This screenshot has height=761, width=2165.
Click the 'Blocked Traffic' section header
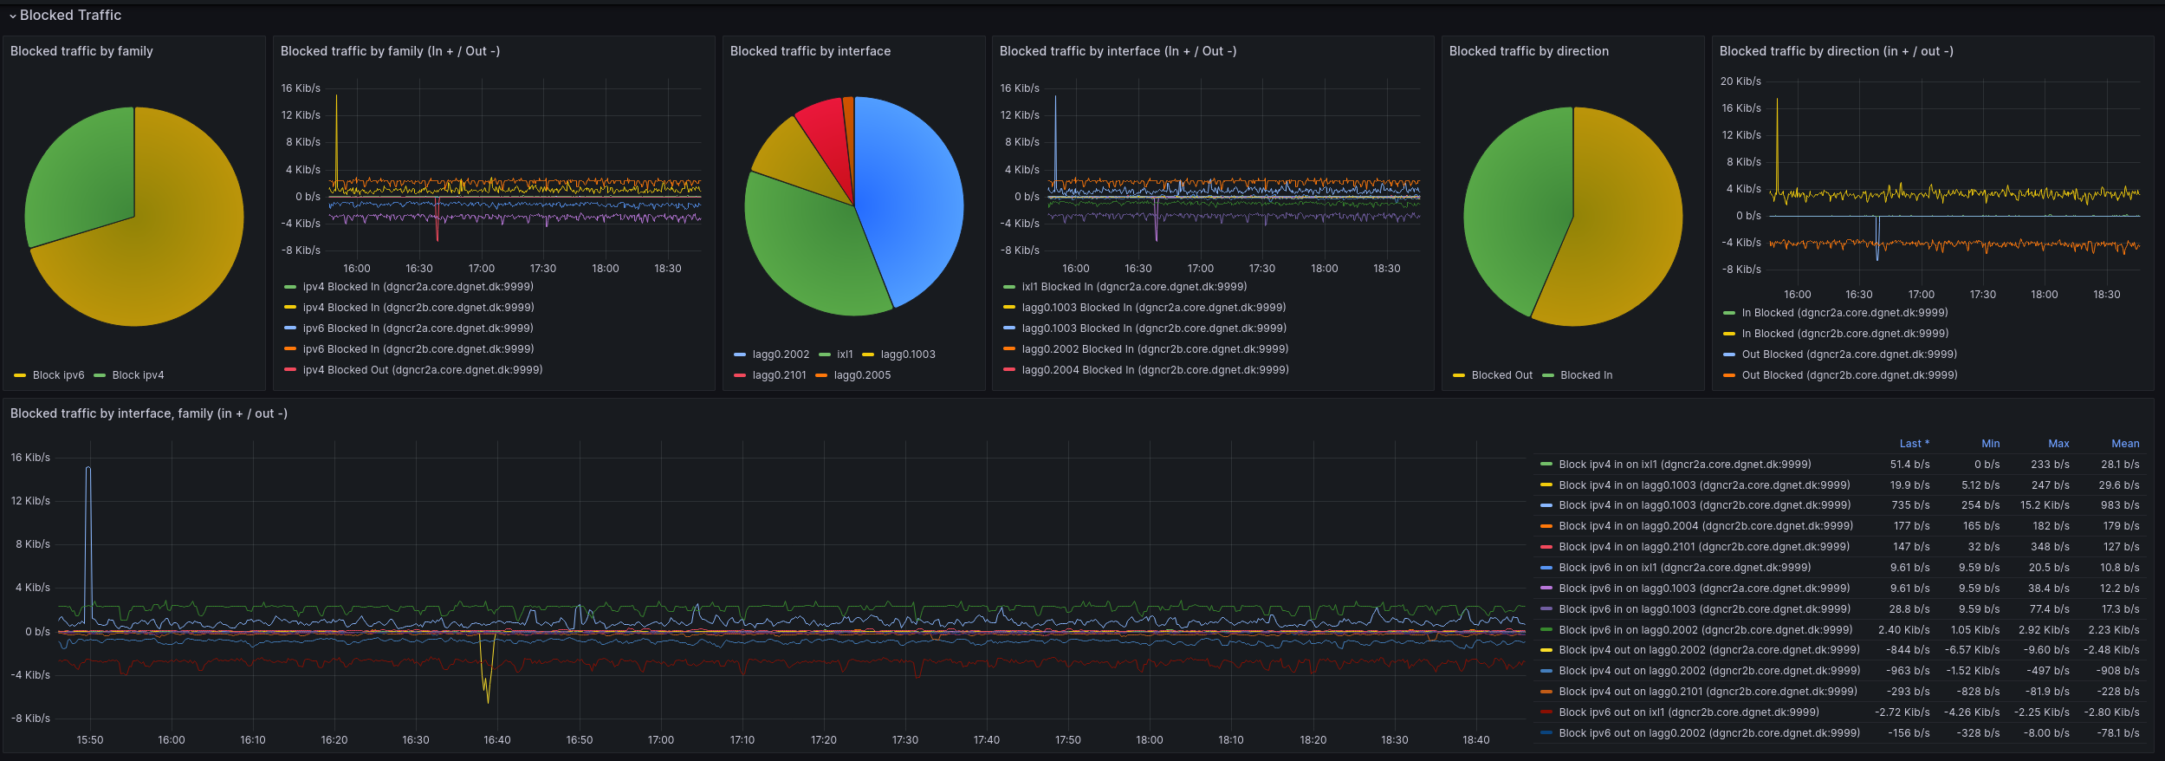70,15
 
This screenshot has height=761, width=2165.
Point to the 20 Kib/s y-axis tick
1740,81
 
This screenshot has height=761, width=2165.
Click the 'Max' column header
2058,444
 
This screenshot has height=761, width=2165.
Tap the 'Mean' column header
2125,444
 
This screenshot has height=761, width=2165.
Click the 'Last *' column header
1915,444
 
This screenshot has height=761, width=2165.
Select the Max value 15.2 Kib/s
2045,505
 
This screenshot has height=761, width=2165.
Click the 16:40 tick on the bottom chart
497,740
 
